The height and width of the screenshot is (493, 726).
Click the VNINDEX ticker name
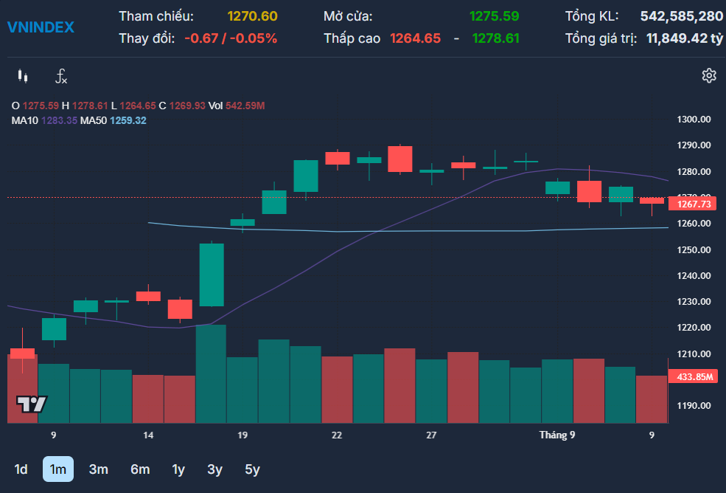click(x=41, y=27)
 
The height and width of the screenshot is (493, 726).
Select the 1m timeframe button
click(x=58, y=469)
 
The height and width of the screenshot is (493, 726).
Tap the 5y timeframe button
click(x=252, y=469)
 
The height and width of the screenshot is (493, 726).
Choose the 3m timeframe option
click(x=99, y=469)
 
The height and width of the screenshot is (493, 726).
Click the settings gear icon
click(x=709, y=75)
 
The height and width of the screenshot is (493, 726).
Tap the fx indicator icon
click(x=61, y=76)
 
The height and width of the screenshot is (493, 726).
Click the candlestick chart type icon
click(x=23, y=75)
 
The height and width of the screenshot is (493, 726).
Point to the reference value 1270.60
click(x=252, y=16)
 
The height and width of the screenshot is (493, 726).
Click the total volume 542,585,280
click(x=682, y=16)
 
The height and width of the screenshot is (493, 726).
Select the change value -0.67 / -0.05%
click(x=231, y=38)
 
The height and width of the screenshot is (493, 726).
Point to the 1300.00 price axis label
click(x=694, y=120)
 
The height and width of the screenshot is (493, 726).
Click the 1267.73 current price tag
click(x=693, y=204)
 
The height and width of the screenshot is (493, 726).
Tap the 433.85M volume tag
click(x=693, y=376)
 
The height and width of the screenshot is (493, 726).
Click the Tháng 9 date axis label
click(x=557, y=435)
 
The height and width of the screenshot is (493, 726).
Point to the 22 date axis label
click(x=337, y=435)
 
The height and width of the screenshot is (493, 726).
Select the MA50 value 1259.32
click(x=128, y=120)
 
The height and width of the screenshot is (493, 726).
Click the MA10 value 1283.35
click(x=59, y=120)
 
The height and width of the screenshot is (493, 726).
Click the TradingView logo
click(x=32, y=404)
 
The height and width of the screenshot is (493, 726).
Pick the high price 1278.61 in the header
click(x=495, y=38)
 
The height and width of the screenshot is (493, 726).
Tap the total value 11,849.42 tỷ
click(x=684, y=38)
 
